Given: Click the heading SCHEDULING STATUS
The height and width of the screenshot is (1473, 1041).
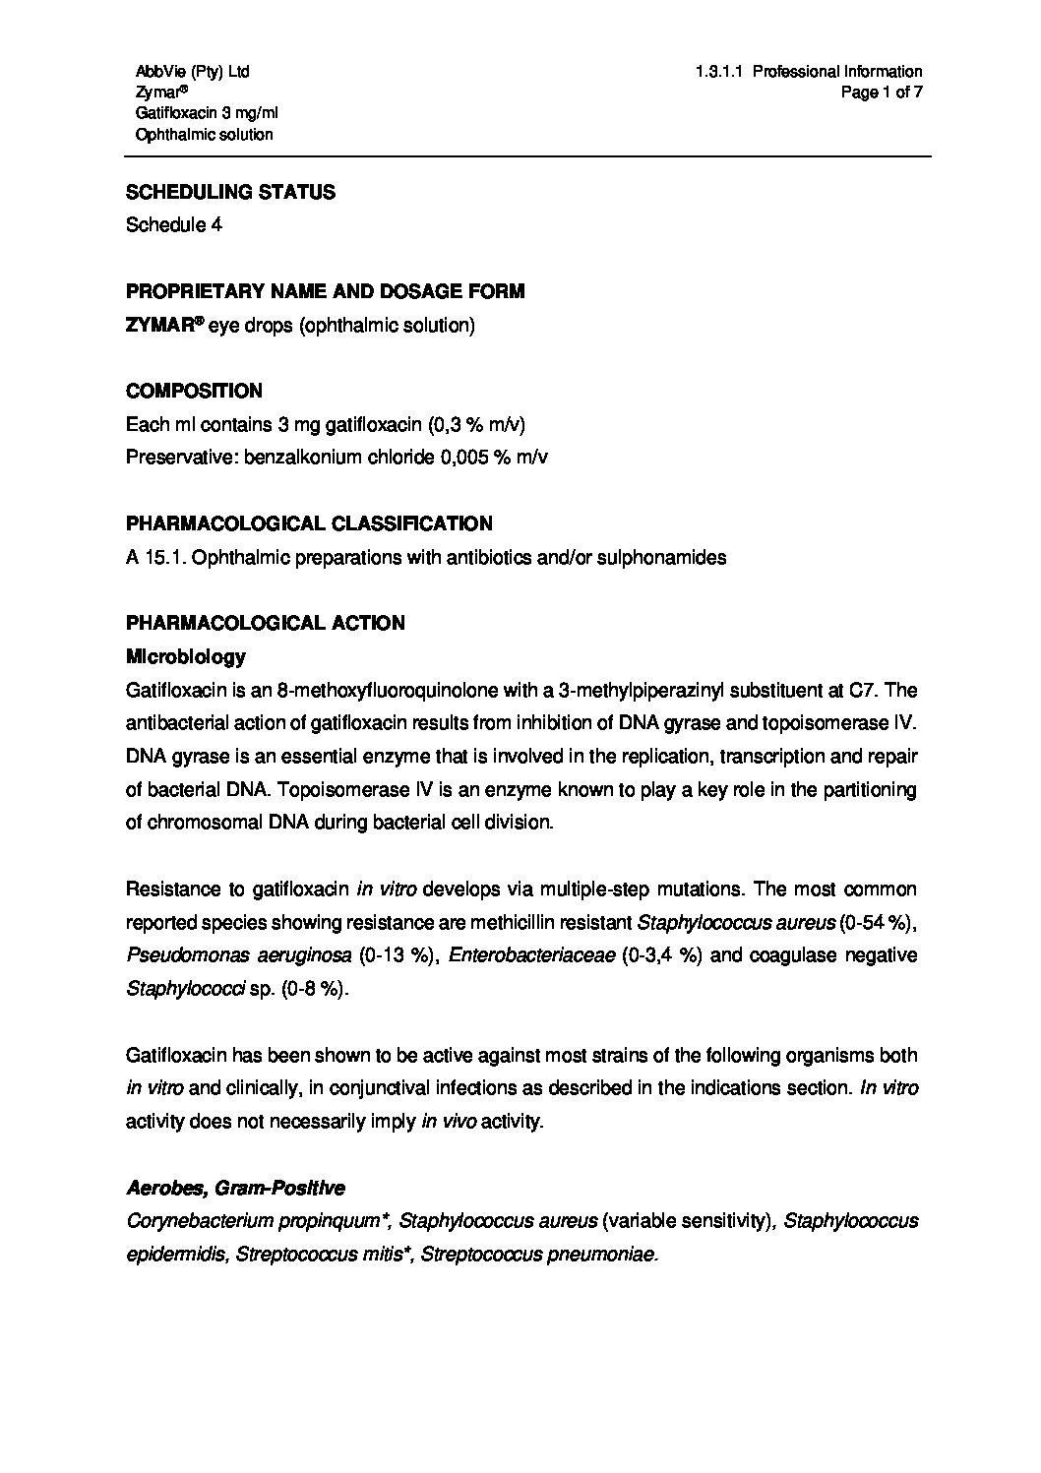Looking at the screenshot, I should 230,192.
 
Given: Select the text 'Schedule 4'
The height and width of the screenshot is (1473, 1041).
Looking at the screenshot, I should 174,224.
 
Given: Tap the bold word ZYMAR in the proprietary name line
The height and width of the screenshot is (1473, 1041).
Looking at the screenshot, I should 159,325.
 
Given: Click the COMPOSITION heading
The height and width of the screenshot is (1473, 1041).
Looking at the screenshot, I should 194,391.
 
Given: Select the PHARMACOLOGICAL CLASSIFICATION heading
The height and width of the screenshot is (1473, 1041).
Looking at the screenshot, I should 309,523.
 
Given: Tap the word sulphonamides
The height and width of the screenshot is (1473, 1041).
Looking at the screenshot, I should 658,557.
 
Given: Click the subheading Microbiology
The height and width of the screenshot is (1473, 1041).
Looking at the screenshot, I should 185,655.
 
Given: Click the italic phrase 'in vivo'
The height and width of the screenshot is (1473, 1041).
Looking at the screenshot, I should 448,1121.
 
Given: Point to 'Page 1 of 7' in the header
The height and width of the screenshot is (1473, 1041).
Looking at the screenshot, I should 882,92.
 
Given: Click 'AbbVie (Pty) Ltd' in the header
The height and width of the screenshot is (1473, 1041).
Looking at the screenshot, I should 192,71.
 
